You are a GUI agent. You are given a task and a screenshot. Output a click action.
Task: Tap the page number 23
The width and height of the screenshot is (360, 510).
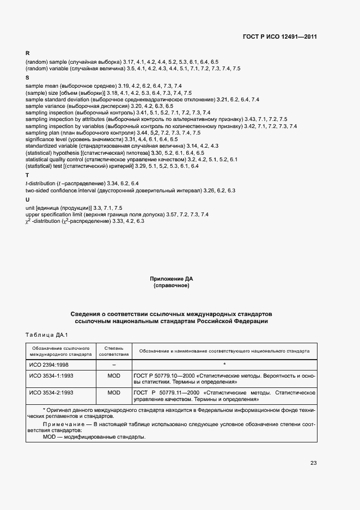313,463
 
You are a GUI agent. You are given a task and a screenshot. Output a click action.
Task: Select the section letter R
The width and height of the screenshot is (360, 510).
27,53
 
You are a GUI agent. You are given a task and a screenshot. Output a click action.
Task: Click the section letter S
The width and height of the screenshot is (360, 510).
27,78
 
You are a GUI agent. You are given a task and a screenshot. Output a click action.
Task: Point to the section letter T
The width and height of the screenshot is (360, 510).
27,175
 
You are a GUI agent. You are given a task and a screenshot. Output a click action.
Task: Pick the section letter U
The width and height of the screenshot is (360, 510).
27,199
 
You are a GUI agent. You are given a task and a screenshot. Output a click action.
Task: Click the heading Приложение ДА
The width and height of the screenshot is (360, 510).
172,278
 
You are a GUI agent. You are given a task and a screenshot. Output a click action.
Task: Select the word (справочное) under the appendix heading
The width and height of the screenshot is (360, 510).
172,285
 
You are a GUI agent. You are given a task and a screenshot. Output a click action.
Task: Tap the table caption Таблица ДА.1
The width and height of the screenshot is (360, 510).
46,334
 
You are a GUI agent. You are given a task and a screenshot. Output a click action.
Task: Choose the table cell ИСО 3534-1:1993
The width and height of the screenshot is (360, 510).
51,376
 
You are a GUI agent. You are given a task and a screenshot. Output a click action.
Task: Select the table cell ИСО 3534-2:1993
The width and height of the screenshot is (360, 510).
51,392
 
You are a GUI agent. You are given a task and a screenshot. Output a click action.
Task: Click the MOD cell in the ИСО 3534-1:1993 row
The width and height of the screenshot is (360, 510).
114,376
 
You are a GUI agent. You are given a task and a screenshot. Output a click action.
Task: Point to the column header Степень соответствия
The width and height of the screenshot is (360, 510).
114,350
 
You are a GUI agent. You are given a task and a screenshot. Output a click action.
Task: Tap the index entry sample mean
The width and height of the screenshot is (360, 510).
41,86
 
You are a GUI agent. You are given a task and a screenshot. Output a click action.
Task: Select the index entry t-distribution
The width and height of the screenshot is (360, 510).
41,183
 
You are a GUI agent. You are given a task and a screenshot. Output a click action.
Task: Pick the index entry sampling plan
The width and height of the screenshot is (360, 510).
42,133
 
